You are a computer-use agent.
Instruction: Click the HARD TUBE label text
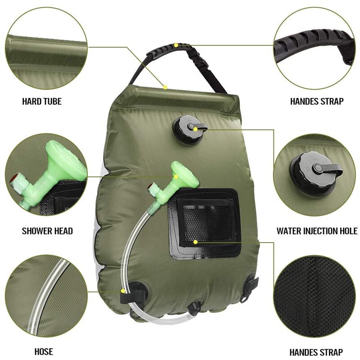42,101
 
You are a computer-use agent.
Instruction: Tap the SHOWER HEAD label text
47,231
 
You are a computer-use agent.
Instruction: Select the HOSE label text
44,351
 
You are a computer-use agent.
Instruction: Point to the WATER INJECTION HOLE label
317,231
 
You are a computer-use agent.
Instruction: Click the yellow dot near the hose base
123,292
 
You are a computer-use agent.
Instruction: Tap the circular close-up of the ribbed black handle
315,47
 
